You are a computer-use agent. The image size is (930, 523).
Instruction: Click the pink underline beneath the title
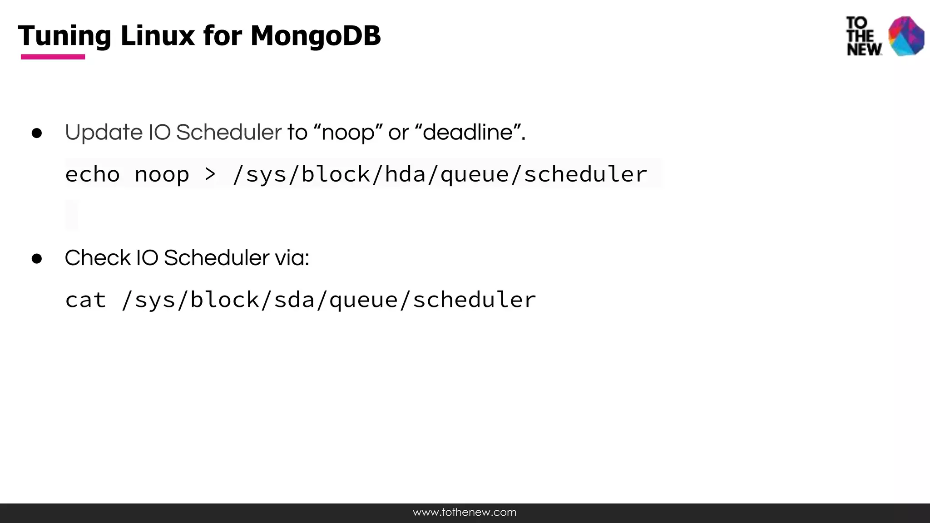53,57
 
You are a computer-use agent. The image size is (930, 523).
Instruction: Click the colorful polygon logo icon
906,36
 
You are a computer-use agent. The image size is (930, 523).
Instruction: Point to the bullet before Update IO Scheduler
37,133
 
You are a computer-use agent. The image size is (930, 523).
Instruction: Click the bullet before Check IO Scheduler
37,259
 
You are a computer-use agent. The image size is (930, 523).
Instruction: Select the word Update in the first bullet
104,133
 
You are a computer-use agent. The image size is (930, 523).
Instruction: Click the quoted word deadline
468,133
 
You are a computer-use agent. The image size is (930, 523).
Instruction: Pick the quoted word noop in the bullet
348,133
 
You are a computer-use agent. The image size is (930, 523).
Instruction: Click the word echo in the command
92,174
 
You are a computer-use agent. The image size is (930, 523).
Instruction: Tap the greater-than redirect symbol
210,174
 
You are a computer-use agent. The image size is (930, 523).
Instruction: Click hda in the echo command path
405,174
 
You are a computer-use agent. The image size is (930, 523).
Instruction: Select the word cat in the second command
85,300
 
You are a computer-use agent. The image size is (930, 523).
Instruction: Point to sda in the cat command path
294,300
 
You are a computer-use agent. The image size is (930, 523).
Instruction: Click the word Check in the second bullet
98,258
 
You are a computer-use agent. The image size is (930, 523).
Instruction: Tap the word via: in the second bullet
292,258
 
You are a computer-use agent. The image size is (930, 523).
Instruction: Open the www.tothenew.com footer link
465,513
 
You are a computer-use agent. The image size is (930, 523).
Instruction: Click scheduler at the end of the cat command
474,300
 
